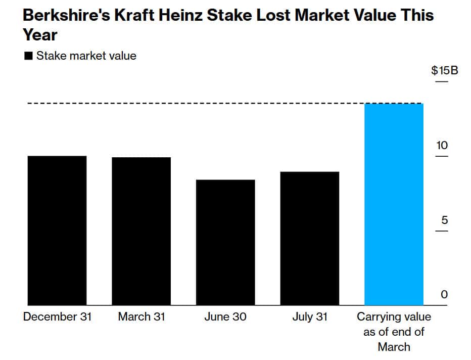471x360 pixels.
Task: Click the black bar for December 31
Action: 57,231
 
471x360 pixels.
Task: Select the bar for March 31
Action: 141,231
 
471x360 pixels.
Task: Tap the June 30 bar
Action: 225,242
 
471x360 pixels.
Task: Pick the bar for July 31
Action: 309,238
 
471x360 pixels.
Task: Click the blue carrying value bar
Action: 394,204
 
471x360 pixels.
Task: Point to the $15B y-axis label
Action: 444,70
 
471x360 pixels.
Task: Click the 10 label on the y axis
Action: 442,146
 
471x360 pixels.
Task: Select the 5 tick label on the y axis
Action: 444,220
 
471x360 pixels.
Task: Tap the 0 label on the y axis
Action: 444,295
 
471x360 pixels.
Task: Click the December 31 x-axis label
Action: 57,317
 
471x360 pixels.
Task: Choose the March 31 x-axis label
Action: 141,317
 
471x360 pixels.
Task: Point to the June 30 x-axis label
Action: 225,317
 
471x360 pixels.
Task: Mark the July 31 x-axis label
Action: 309,317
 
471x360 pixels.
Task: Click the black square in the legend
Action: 28,56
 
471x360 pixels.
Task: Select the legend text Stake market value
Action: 86,56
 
